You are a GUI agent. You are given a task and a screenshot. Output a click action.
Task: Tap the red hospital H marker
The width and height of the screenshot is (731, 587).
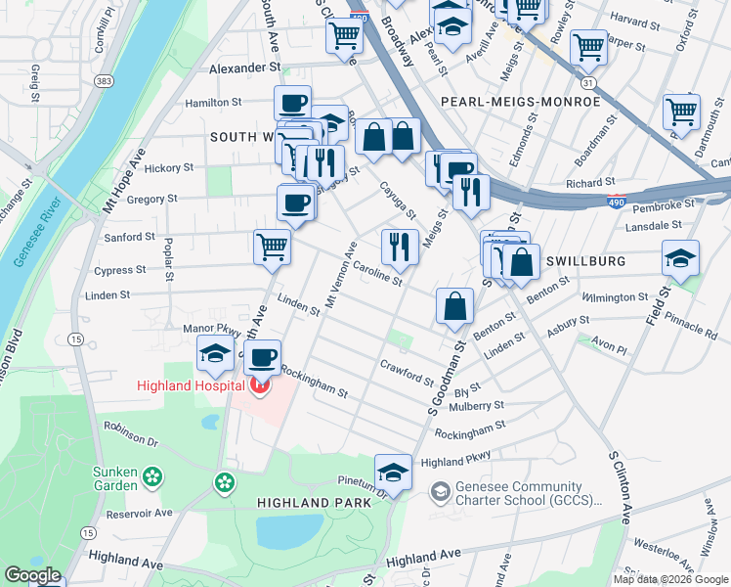(259, 385)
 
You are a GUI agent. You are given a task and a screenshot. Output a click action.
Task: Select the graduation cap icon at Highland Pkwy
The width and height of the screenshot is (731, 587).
(393, 471)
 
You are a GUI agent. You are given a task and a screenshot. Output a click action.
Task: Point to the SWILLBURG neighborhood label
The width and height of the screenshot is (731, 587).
(582, 261)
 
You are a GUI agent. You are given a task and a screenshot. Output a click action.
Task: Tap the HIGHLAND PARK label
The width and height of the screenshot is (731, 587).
(314, 502)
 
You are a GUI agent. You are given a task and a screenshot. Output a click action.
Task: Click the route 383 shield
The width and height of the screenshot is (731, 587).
(103, 81)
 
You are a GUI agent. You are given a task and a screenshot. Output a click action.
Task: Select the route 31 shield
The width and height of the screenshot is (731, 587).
(587, 84)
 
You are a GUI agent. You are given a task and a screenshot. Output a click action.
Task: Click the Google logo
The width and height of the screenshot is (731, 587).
(33, 574)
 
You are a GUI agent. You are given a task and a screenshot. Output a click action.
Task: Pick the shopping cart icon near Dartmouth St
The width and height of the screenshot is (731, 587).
(681, 111)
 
